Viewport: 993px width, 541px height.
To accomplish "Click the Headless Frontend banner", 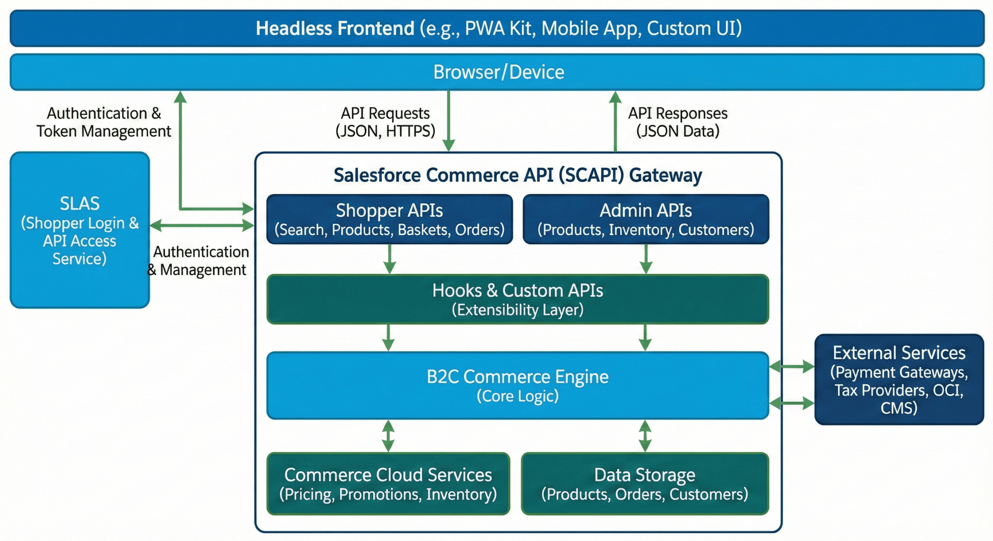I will (x=497, y=28).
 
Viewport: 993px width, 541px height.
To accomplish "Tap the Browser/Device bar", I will (x=497, y=72).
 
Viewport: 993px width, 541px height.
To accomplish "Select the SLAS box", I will (x=80, y=230).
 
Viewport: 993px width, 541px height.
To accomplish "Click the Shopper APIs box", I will (x=389, y=219).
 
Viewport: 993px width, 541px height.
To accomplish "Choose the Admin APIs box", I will (x=645, y=219).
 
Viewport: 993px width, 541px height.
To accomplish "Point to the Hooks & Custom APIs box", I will (x=517, y=299).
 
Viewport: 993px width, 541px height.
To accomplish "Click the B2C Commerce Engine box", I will (x=517, y=386).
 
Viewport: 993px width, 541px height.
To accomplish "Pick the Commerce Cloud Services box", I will (x=388, y=484).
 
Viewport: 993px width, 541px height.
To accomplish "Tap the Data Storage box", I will (x=645, y=484).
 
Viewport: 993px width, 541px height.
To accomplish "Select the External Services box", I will (x=899, y=379).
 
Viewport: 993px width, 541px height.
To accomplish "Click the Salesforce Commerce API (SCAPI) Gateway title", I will (x=517, y=175).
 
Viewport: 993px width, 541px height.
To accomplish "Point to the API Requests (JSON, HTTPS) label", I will (x=385, y=122).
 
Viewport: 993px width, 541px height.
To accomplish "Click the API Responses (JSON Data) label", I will (x=678, y=122).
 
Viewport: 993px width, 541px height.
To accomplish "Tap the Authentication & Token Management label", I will (x=104, y=122).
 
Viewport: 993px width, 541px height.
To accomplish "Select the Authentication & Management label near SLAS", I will (x=199, y=261).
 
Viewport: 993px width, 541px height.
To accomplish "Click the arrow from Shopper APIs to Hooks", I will (x=389, y=259).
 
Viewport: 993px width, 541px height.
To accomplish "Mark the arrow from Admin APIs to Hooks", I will (x=646, y=259).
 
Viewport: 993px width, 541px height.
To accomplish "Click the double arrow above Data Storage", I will (x=645, y=436).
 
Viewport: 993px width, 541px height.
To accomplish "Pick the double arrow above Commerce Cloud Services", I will (x=388, y=436).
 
